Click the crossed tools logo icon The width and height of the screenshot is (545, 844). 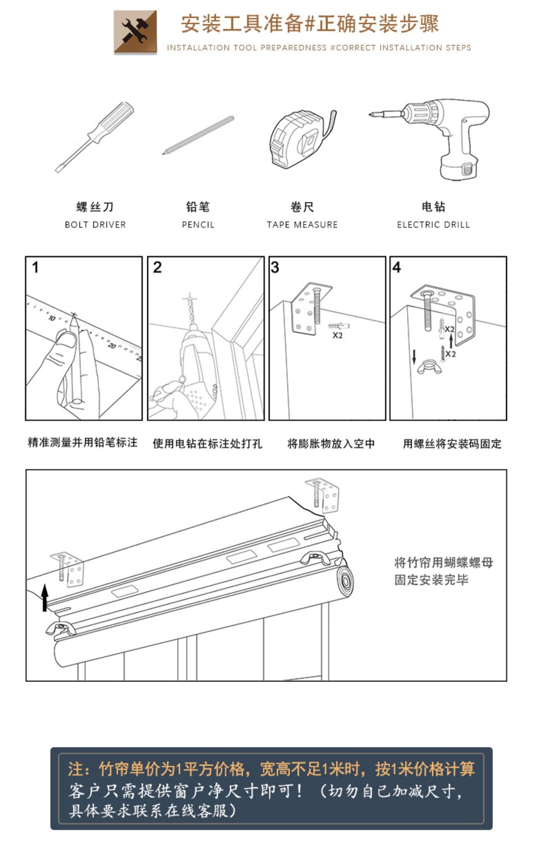click(x=135, y=32)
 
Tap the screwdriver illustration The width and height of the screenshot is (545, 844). click(x=94, y=136)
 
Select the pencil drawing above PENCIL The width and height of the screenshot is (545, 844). click(x=198, y=135)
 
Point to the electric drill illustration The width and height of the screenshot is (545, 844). click(x=440, y=136)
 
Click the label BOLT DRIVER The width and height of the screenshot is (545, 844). click(x=95, y=225)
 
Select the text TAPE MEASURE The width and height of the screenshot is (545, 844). click(x=302, y=225)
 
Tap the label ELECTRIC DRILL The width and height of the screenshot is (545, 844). click(x=433, y=225)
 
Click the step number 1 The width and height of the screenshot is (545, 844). click(x=36, y=267)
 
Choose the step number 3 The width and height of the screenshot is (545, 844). click(x=275, y=267)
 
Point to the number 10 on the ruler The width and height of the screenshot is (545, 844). click(x=52, y=318)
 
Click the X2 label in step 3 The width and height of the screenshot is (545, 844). click(x=337, y=335)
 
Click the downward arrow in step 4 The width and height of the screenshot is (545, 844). click(x=414, y=357)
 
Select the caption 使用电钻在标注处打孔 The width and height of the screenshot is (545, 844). click(x=207, y=444)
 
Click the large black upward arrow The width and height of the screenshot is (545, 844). click(x=44, y=598)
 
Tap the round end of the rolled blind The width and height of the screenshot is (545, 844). click(x=345, y=581)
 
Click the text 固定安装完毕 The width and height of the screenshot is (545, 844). click(x=431, y=580)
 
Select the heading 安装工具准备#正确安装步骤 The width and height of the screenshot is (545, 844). click(x=310, y=24)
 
